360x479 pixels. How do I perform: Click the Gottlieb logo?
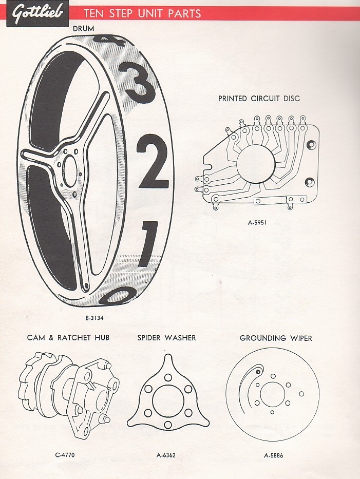click(x=37, y=14)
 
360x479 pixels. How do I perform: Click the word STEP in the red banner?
click(x=120, y=14)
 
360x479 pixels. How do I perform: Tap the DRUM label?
click(x=83, y=29)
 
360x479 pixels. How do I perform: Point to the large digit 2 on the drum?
click(x=153, y=162)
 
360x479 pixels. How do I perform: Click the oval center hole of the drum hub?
click(x=70, y=170)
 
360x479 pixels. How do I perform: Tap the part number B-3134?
click(x=94, y=318)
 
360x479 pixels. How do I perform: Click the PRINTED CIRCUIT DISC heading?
click(x=259, y=99)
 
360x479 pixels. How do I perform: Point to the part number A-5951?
click(x=257, y=222)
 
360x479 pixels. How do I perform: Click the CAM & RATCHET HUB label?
click(x=68, y=338)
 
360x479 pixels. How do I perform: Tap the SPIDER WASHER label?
click(x=166, y=338)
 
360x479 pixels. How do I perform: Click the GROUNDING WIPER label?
click(x=276, y=338)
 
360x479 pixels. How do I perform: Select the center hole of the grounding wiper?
click(x=273, y=394)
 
